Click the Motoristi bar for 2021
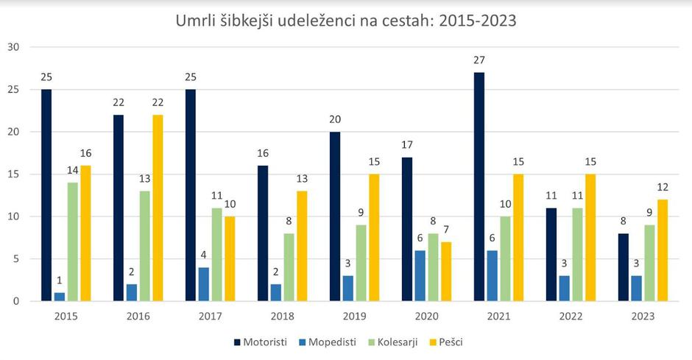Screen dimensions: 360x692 point(479,187)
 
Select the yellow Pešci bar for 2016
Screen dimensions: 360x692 point(158,208)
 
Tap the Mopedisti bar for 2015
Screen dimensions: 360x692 point(60,297)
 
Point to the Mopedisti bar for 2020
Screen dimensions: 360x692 point(420,275)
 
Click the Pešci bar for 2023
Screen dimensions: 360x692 point(663,250)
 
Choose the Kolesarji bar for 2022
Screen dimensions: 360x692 point(578,255)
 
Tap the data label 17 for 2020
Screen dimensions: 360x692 point(407,145)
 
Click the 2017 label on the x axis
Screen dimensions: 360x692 point(211,315)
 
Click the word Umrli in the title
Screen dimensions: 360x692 point(194,21)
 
